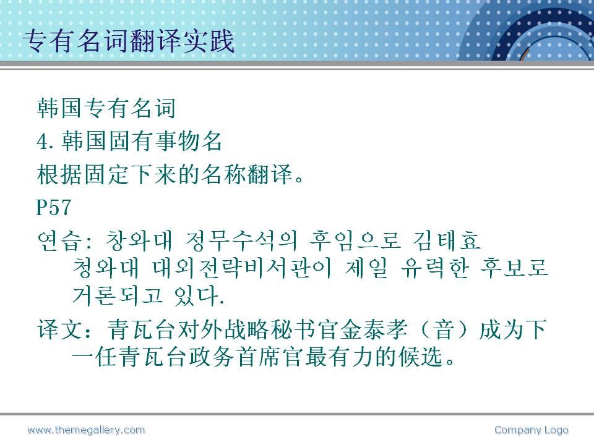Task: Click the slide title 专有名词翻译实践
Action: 129,41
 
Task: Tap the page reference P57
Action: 53,207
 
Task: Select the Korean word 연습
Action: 59,240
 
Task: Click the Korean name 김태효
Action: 447,240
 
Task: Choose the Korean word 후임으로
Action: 355,240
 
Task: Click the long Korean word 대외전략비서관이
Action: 243,268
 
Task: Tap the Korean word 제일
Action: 366,268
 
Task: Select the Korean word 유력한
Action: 435,268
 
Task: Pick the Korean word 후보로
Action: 514,268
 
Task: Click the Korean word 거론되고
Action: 118,295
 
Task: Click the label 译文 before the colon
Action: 60,329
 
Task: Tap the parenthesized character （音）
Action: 444,329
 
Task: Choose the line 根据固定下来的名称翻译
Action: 165,174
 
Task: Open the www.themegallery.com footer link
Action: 86,430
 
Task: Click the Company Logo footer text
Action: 531,430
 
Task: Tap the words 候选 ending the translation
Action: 421,357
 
